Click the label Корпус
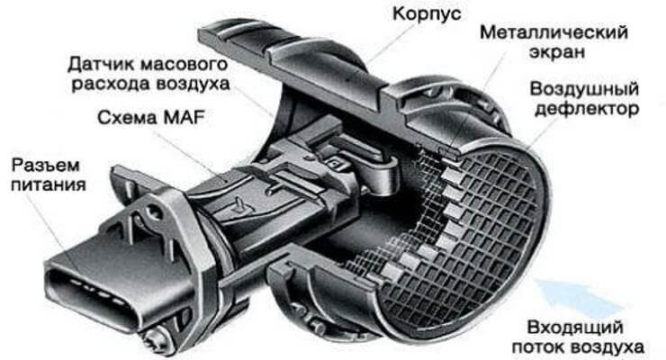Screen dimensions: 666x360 [427, 14]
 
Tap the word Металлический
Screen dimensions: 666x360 [553, 32]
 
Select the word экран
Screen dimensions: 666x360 [556, 52]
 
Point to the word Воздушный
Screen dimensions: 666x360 [584, 90]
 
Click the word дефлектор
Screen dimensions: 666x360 [587, 109]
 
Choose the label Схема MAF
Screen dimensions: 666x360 [151, 118]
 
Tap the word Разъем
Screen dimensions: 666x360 [45, 166]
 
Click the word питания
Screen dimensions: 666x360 [49, 185]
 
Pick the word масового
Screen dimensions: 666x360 [184, 65]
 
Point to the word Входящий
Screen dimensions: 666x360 [575, 328]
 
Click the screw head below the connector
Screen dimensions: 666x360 [152, 341]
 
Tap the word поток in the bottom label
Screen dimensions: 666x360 [537, 347]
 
